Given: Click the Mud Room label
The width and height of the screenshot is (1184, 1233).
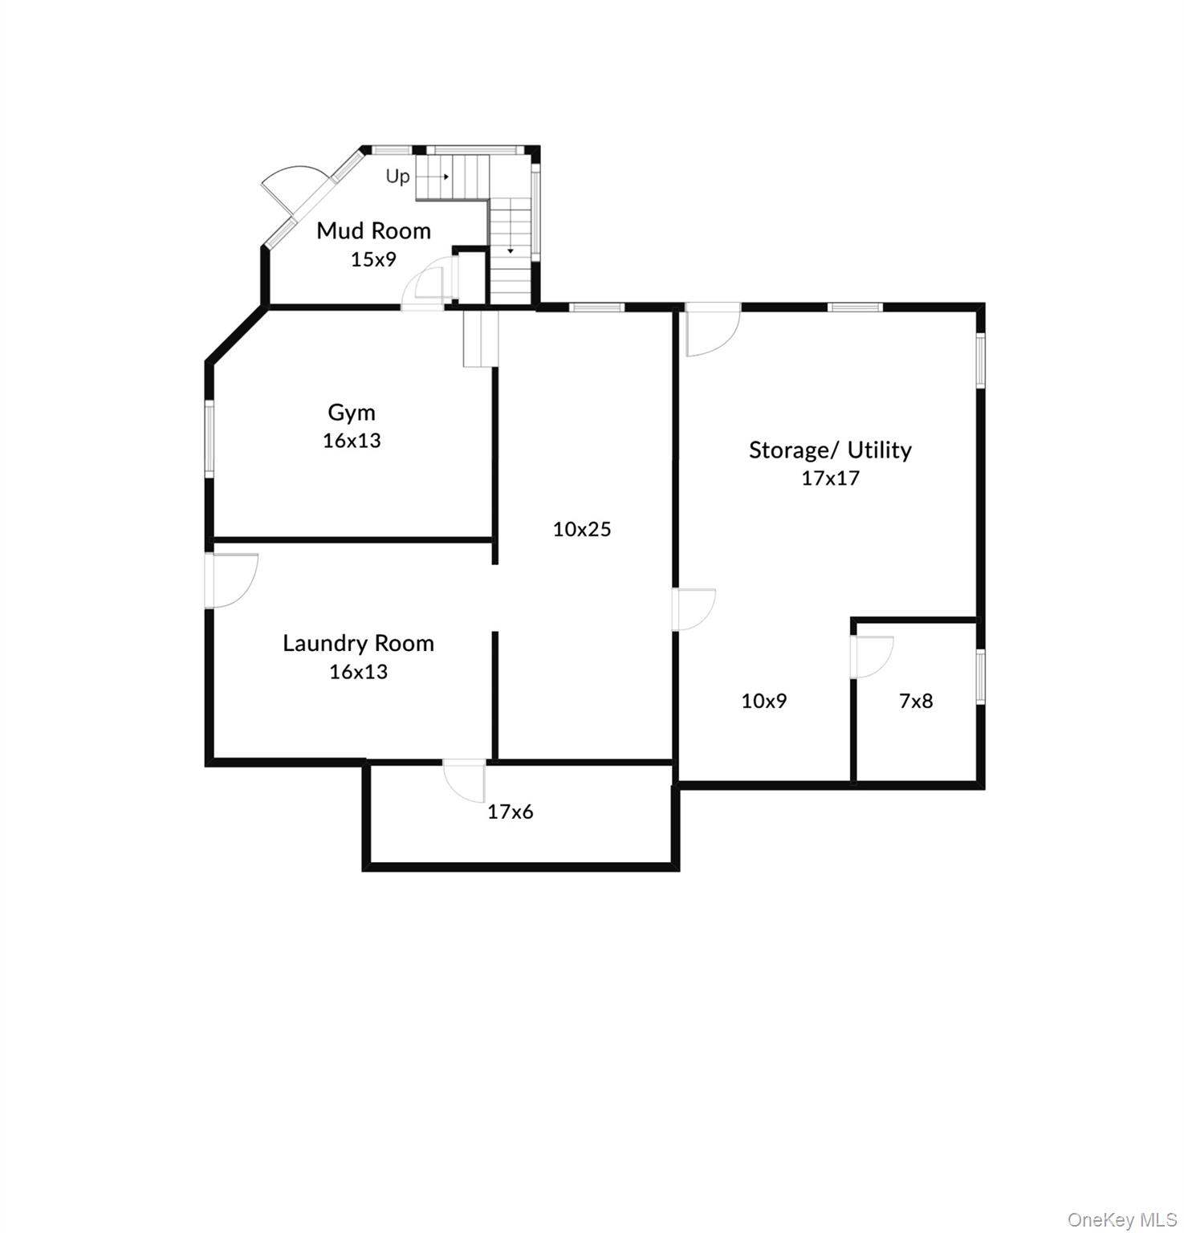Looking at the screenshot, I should click(373, 231).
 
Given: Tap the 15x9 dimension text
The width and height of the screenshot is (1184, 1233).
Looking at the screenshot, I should click(373, 259).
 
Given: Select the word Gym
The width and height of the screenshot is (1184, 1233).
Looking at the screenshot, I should click(352, 413).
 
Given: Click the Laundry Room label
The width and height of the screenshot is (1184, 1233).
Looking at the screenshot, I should click(358, 643).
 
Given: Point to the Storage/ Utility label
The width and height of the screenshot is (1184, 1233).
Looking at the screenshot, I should click(830, 450).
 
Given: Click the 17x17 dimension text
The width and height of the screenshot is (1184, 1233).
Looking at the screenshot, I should click(830, 478).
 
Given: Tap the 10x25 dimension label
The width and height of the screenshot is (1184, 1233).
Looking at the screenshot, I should click(582, 529).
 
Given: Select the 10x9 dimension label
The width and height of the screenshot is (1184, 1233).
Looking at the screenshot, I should click(764, 701).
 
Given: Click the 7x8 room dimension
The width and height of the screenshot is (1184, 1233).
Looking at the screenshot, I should click(916, 701).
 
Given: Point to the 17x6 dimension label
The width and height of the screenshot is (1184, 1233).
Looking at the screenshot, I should click(511, 812).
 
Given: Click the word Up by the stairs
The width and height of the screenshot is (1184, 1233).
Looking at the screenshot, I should click(398, 176).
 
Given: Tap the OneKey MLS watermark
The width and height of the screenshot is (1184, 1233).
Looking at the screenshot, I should click(1121, 1220).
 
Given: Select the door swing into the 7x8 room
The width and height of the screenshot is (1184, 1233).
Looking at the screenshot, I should click(873, 657).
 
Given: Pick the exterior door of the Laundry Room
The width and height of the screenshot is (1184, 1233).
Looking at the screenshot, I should click(232, 580).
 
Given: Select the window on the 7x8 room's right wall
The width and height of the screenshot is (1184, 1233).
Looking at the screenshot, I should click(980, 677).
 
